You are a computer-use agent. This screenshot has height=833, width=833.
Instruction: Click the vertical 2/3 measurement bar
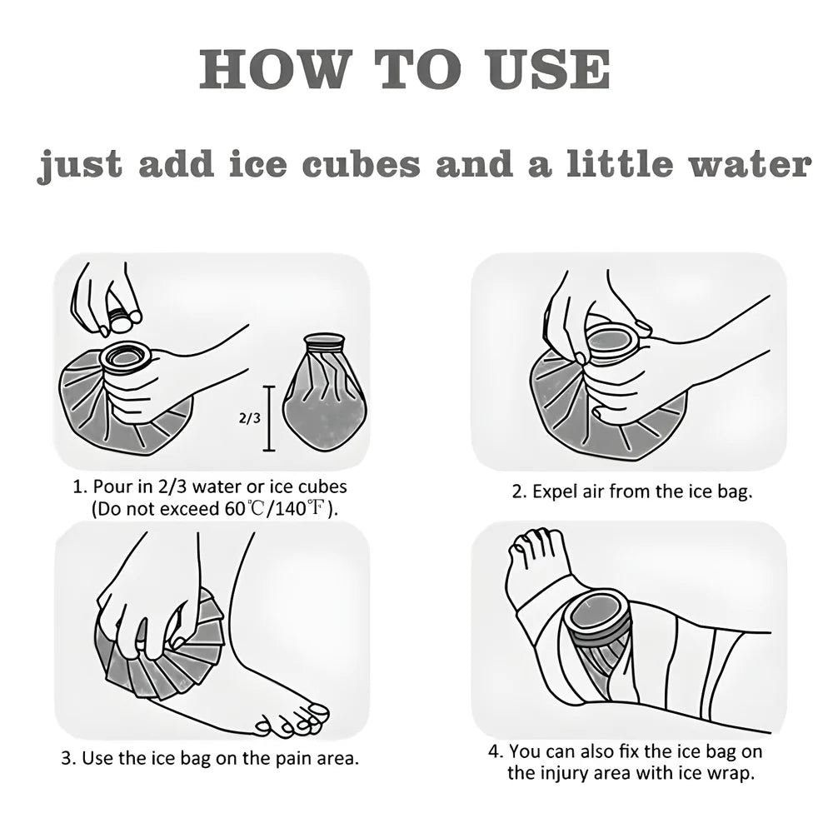tap(269, 417)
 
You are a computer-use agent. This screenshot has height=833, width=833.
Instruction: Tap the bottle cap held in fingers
tap(122, 316)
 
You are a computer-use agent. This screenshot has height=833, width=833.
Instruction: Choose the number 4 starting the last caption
tap(493, 752)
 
